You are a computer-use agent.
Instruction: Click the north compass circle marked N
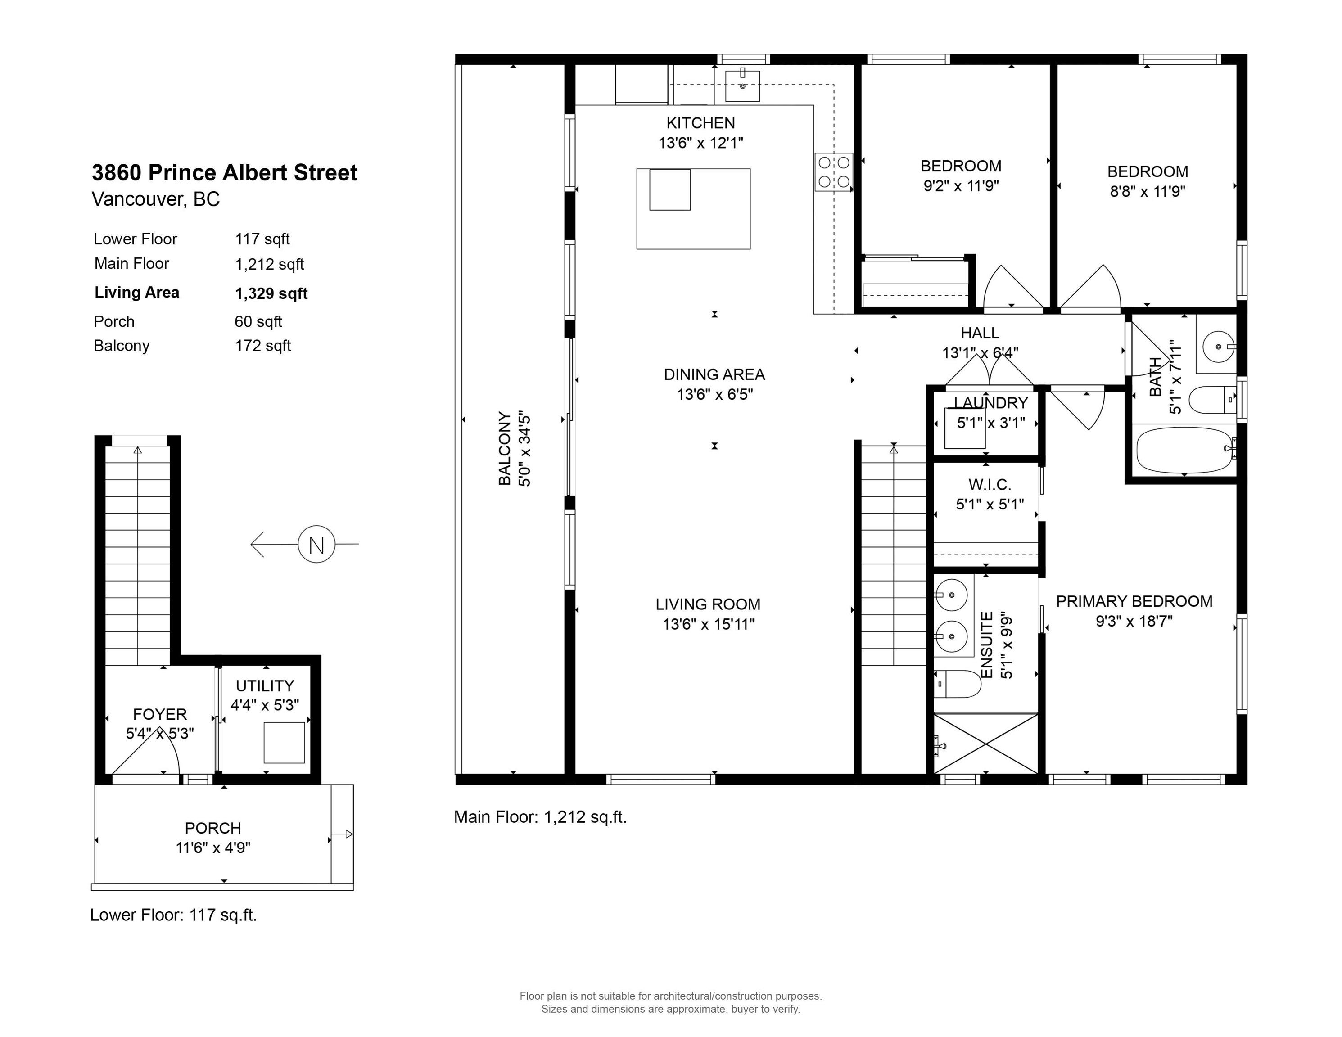click(316, 544)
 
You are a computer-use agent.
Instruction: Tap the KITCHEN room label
click(700, 123)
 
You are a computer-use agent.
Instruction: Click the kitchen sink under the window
click(742, 86)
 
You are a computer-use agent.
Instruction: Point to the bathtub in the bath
click(1184, 450)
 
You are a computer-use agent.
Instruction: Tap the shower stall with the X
click(985, 744)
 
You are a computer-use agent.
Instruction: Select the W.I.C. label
click(990, 485)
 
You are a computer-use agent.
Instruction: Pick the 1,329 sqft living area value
click(271, 293)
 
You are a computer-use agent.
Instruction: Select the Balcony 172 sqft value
click(263, 346)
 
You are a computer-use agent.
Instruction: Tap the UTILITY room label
click(265, 685)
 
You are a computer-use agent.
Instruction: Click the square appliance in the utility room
click(285, 743)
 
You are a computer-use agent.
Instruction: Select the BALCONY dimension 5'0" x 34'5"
click(524, 450)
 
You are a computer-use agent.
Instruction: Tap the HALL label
click(980, 333)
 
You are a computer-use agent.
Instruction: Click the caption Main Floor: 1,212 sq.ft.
click(540, 817)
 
